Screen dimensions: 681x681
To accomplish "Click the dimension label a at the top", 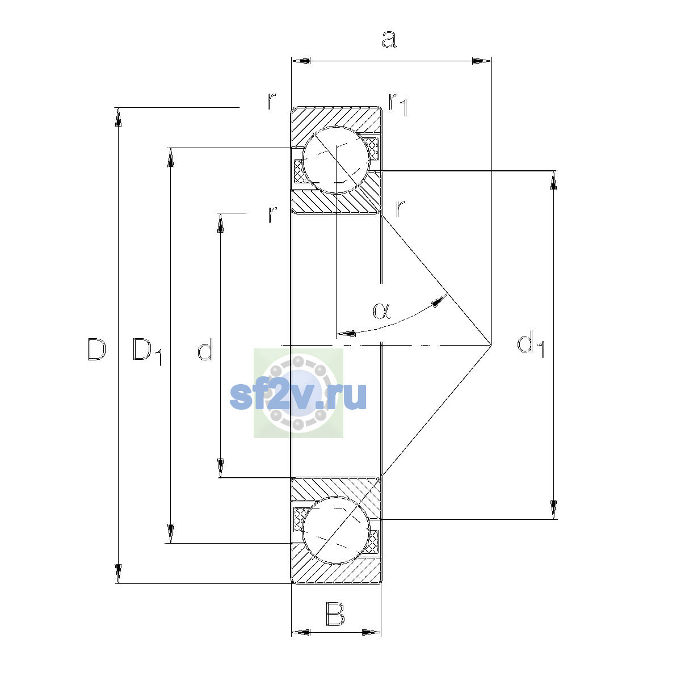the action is click(389, 39).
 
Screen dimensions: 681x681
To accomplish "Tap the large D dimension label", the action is click(96, 350).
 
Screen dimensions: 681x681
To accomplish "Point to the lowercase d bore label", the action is click(205, 349).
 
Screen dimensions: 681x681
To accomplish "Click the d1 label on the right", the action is click(531, 344).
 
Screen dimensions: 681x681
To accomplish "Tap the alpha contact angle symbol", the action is click(382, 310).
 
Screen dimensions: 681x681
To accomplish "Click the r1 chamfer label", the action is click(398, 104).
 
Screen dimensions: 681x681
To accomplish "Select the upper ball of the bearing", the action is click(336, 160).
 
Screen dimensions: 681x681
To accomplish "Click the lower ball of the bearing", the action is click(336, 530).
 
